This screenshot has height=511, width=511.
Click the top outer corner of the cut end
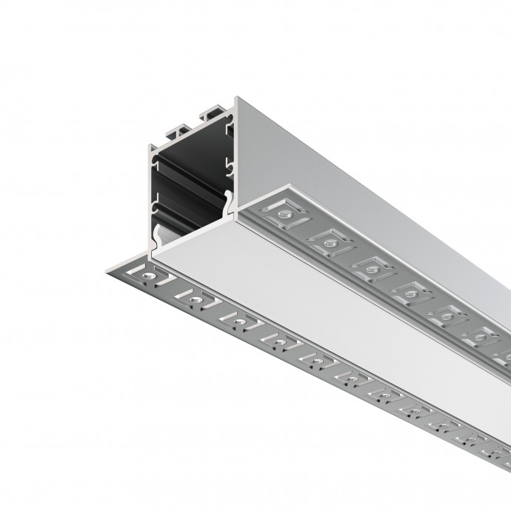(x=236, y=98)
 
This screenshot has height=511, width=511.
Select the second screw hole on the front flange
(x=195, y=299)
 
